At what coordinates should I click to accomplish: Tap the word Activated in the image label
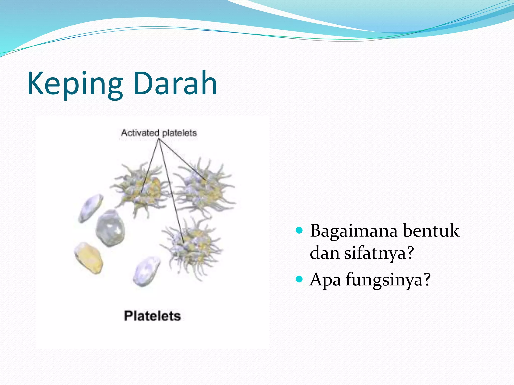click(140, 133)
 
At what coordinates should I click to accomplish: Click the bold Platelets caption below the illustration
click(152, 316)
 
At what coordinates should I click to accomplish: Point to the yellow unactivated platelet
click(88, 258)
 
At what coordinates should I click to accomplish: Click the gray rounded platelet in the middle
click(110, 228)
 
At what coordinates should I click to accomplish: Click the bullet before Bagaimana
click(299, 230)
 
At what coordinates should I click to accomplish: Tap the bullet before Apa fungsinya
click(299, 279)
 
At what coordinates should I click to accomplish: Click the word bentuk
click(431, 231)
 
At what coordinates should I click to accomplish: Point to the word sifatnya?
click(379, 253)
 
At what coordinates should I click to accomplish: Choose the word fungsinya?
click(388, 280)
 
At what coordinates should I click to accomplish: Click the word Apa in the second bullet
click(325, 280)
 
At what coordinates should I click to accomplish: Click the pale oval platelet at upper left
click(91, 208)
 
